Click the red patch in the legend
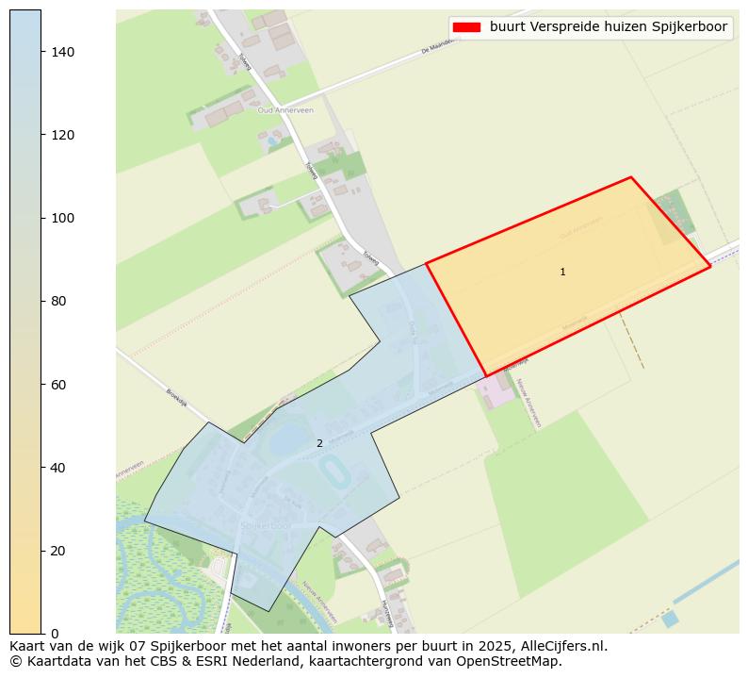click(x=466, y=27)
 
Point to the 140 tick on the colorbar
click(x=41, y=52)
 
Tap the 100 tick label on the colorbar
click(x=62, y=218)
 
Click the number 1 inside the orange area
click(x=562, y=272)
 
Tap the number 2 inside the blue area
click(x=319, y=443)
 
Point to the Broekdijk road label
click(x=178, y=397)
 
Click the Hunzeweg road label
click(x=386, y=614)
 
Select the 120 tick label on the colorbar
click(x=62, y=135)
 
